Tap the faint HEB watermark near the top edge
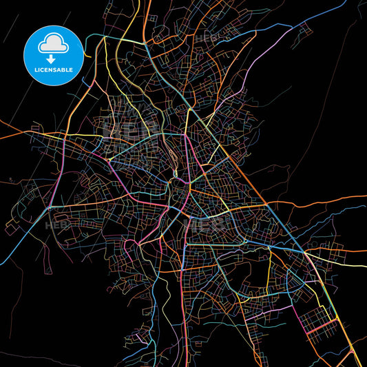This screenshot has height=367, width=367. (206, 39)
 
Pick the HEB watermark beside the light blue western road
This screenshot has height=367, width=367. (55, 224)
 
